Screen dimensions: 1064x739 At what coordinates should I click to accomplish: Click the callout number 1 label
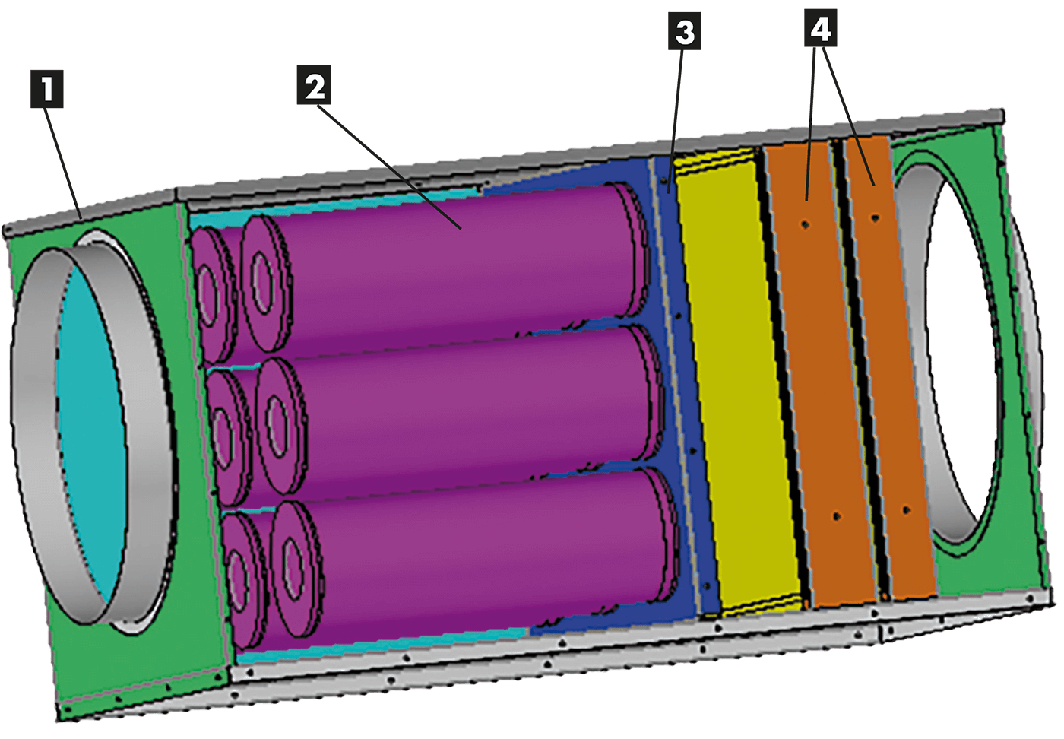[47, 90]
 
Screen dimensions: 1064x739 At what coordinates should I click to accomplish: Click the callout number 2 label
[315, 87]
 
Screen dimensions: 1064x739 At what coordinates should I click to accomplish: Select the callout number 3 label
[685, 33]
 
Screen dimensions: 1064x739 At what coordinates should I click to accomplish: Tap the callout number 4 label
[820, 30]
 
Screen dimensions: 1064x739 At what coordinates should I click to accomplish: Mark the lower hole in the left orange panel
[836, 516]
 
